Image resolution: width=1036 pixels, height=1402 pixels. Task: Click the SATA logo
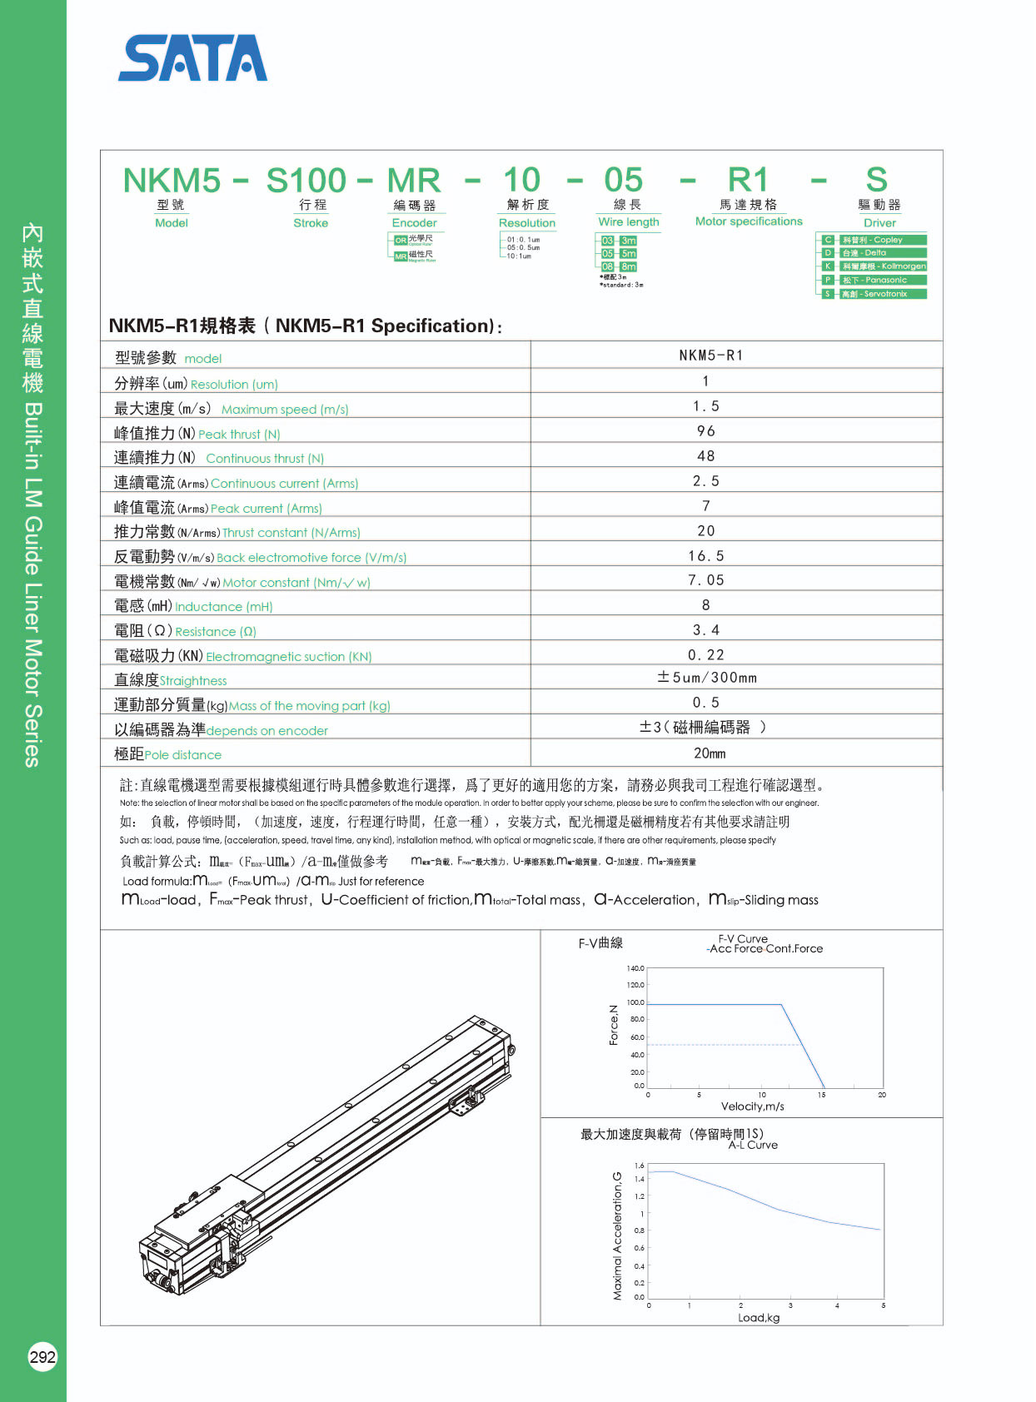tap(192, 58)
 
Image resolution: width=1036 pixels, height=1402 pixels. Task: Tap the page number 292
tap(42, 1357)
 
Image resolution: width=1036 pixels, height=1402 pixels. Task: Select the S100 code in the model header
tap(306, 181)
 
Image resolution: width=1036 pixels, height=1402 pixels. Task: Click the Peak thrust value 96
tap(706, 431)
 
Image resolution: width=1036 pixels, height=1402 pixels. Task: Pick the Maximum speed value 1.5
tap(706, 406)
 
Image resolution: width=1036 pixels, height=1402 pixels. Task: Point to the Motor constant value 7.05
tap(706, 580)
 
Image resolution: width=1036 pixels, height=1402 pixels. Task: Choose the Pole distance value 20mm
tap(710, 753)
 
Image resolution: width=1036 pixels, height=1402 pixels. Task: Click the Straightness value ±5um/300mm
tap(707, 678)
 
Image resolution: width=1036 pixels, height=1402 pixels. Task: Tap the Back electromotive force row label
tap(260, 557)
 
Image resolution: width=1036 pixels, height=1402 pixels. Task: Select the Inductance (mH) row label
tap(193, 606)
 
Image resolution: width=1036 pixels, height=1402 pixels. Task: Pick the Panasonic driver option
tap(874, 280)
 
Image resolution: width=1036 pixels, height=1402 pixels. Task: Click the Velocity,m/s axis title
tap(752, 1106)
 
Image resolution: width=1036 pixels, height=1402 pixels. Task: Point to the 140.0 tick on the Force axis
tap(635, 968)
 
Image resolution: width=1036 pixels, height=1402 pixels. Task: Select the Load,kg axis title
tap(759, 1318)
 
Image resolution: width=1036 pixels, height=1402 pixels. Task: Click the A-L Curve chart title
tap(753, 1146)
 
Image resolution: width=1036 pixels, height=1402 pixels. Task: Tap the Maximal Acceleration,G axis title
tap(617, 1235)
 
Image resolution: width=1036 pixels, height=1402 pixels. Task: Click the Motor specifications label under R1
tap(749, 221)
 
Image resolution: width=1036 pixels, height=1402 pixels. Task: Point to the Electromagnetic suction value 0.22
tap(706, 655)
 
